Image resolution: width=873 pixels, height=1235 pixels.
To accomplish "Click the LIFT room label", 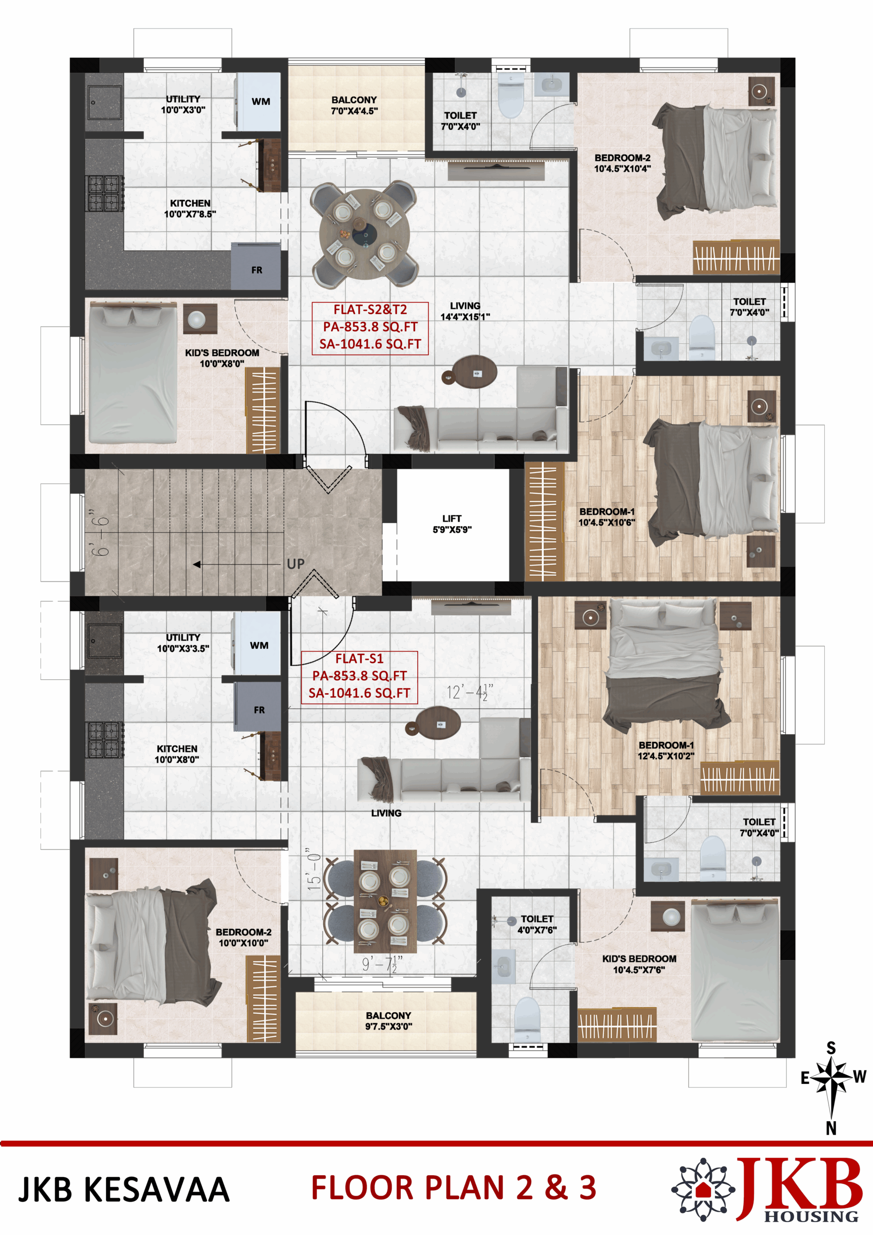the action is [x=452, y=524].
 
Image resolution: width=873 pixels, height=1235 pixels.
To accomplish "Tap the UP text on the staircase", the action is [x=296, y=564].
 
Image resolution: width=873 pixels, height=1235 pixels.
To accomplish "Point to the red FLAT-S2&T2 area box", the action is [x=370, y=328].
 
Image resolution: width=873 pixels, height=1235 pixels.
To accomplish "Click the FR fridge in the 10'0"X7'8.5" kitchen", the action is [x=256, y=267].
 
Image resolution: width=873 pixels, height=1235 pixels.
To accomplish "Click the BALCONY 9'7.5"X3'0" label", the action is [x=388, y=1020].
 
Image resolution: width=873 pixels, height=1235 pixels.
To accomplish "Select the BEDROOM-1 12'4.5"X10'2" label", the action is [x=666, y=750].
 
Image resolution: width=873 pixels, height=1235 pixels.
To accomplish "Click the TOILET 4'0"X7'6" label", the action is [x=537, y=924].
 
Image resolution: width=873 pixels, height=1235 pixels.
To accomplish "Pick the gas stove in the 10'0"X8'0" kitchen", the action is [x=104, y=740].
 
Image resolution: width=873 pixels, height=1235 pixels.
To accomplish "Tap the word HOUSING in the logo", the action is [x=811, y=1216].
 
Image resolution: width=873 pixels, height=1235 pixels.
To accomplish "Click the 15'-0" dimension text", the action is [x=314, y=869].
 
